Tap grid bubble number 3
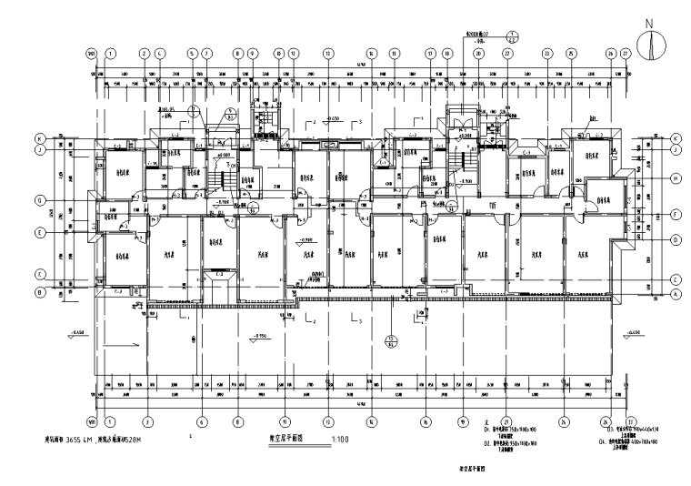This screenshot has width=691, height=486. click(145, 421)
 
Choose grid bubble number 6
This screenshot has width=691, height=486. click(200, 421)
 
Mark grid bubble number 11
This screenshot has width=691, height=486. click(284, 421)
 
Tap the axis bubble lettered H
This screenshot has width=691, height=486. click(677, 179)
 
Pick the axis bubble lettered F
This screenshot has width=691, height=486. click(677, 215)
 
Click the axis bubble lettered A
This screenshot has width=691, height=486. click(677, 294)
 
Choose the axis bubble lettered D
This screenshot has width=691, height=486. click(677, 239)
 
